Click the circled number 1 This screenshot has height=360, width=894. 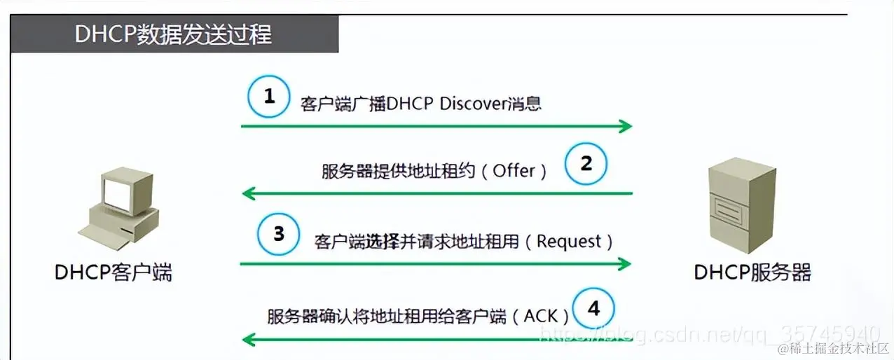(269, 97)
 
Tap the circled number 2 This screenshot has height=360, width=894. (586, 165)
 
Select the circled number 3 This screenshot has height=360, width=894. (279, 233)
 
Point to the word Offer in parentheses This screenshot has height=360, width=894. (514, 171)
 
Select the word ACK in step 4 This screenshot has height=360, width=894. (540, 316)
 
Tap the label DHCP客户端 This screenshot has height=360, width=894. (114, 272)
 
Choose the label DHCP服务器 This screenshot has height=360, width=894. (752, 272)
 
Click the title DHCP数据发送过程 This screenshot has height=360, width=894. (173, 34)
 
